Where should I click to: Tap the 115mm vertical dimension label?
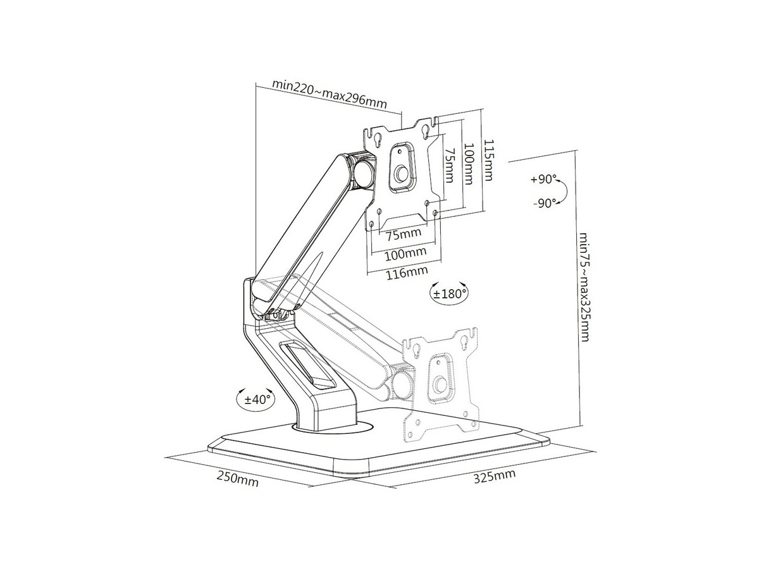pos(488,160)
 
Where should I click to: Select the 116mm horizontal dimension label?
pos(406,273)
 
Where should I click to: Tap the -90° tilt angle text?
pos(545,203)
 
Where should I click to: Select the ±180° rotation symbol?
pos(450,293)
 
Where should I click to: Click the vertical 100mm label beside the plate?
pos(468,163)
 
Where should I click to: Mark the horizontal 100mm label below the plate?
pos(405,254)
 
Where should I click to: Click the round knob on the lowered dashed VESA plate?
pos(441,385)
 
